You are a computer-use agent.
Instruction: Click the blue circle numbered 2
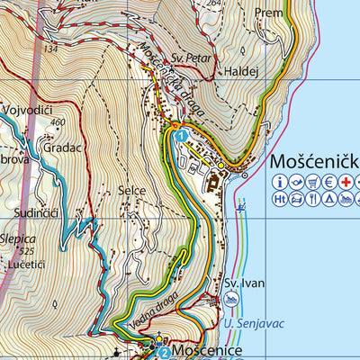click(164, 352)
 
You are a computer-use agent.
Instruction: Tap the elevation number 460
click(60, 121)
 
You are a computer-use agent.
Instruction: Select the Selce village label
click(131, 191)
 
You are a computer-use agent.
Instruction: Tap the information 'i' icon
click(280, 183)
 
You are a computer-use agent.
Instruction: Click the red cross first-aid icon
click(345, 183)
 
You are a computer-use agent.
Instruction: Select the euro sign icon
click(328, 183)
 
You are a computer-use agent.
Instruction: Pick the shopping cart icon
click(312, 183)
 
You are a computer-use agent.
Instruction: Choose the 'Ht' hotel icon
click(280, 199)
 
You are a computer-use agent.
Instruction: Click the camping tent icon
click(328, 199)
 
